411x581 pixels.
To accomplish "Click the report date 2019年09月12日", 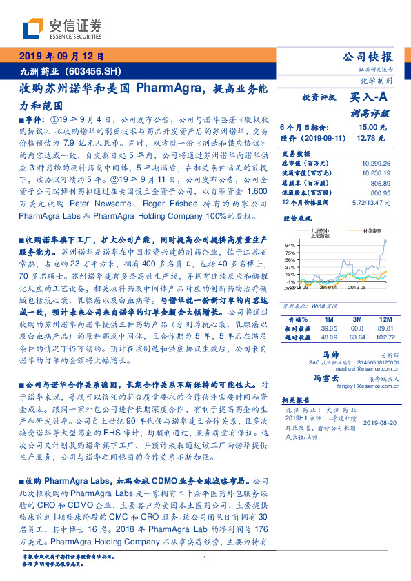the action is click(x=60, y=57).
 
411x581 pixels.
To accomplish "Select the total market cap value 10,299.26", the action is click(x=376, y=163).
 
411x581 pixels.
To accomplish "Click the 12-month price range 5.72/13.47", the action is click(x=373, y=202).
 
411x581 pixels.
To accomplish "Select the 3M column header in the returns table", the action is click(x=357, y=319).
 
